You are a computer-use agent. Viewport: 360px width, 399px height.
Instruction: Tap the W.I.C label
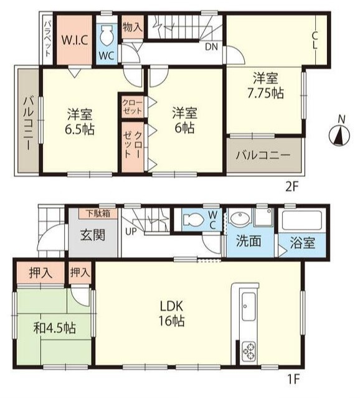(x=75, y=40)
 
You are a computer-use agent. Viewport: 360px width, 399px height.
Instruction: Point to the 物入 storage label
(x=133, y=27)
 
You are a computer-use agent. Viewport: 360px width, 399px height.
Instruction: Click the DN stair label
(x=212, y=46)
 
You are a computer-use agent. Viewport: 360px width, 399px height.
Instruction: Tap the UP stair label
(x=131, y=231)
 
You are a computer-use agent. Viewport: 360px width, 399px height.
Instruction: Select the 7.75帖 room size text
(x=265, y=93)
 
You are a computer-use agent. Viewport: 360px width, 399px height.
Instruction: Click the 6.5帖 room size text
(x=80, y=129)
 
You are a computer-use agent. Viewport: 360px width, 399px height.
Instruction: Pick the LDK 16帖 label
(x=172, y=314)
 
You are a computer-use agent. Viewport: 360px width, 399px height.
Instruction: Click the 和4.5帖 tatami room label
(x=54, y=328)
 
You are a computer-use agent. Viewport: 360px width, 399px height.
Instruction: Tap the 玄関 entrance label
(x=93, y=235)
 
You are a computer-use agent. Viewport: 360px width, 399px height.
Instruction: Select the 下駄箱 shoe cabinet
(x=98, y=214)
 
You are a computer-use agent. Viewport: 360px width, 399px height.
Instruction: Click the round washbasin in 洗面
(x=240, y=218)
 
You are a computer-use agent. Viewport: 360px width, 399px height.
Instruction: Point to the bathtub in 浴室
(x=302, y=221)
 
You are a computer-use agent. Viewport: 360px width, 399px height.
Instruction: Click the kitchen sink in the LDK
(x=249, y=307)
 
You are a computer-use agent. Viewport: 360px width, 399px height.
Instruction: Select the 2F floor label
(x=291, y=187)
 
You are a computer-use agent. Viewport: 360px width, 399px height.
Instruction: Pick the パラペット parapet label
(x=47, y=39)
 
